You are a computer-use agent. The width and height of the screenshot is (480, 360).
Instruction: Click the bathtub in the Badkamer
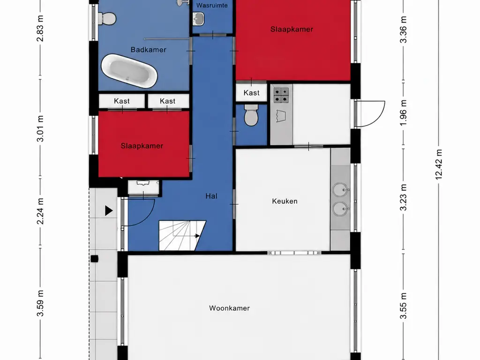[129, 71]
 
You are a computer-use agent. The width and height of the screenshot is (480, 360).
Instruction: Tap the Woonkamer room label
[229, 308]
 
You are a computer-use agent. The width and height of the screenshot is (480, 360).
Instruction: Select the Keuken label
[285, 201]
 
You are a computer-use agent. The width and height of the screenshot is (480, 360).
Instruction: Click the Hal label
[211, 196]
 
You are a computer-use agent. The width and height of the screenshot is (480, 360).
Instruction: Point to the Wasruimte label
[212, 6]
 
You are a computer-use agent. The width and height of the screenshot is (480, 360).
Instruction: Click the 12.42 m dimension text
[438, 165]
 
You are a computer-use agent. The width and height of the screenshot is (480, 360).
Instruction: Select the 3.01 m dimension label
[40, 128]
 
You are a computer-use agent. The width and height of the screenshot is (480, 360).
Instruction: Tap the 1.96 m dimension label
[404, 112]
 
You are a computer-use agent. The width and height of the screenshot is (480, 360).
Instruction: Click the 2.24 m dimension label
[40, 211]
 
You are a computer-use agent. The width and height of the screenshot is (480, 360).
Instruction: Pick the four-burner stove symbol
[281, 95]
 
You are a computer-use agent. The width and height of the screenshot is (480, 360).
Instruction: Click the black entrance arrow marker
[109, 210]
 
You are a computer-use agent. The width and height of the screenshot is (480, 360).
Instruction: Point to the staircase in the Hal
[182, 235]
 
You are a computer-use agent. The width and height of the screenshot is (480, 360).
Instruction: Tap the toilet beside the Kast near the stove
[251, 115]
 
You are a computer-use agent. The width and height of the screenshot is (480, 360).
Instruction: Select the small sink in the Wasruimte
[198, 19]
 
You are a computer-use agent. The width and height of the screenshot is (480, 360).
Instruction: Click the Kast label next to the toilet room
[251, 93]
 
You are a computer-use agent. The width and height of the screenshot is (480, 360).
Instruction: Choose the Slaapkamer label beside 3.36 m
[292, 30]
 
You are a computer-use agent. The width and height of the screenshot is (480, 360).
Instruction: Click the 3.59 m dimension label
[40, 303]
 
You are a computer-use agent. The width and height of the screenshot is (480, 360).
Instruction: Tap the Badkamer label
[148, 50]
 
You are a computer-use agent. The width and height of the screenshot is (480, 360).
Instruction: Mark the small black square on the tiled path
[94, 259]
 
